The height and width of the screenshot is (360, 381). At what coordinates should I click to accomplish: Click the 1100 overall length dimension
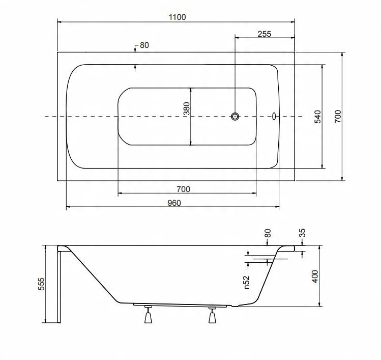click(x=178, y=17)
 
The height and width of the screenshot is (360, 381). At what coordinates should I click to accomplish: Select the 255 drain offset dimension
click(x=265, y=34)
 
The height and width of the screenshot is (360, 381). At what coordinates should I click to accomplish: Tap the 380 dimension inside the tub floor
click(x=187, y=108)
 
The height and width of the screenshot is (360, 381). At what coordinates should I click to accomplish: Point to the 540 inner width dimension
click(x=318, y=117)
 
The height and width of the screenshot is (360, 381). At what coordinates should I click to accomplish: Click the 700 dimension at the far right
click(x=338, y=116)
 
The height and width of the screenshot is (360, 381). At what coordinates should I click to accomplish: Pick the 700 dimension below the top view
click(x=183, y=189)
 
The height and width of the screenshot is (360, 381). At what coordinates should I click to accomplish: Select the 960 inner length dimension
click(x=174, y=203)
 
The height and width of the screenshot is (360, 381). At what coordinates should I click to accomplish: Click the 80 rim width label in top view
click(x=144, y=45)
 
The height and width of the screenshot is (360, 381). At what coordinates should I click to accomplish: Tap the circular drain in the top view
click(x=235, y=117)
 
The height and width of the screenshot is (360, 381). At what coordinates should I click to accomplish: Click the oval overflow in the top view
click(x=274, y=117)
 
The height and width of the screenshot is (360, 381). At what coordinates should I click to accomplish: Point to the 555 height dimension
click(x=41, y=284)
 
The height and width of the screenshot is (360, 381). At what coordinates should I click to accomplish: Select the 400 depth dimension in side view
click(x=315, y=276)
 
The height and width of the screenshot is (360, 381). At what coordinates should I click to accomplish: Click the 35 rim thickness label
click(x=302, y=233)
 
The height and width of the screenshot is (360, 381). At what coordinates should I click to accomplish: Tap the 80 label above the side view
click(x=267, y=233)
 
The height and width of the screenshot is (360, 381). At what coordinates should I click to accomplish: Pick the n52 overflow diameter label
click(x=246, y=282)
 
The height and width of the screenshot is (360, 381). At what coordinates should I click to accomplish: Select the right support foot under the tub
click(x=212, y=315)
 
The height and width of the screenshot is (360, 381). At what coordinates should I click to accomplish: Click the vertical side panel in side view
click(x=59, y=285)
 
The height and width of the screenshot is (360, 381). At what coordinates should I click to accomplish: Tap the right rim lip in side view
click(x=289, y=248)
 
